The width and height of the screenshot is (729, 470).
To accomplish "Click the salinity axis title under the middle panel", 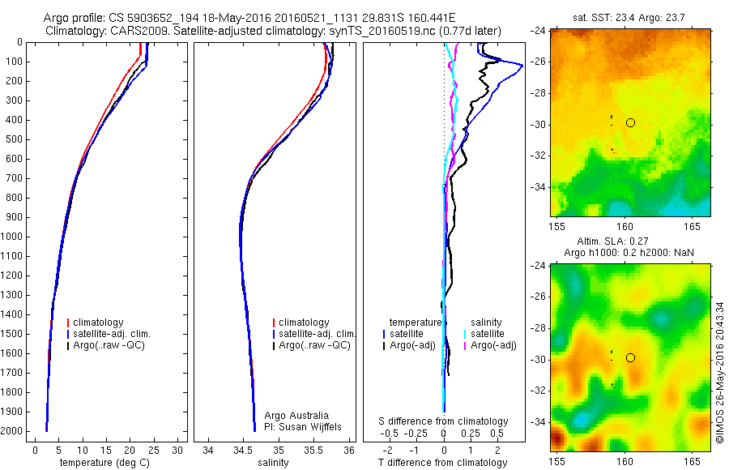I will [273, 463].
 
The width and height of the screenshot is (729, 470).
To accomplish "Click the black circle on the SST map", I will [630, 122].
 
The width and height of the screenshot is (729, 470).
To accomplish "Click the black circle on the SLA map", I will [630, 357].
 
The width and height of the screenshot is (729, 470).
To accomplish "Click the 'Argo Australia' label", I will [297, 416].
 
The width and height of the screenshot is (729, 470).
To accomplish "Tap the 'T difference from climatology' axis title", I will [444, 463].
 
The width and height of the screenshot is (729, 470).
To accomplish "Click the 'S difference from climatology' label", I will [444, 421].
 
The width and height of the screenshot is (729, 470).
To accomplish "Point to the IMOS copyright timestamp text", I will [719, 373].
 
